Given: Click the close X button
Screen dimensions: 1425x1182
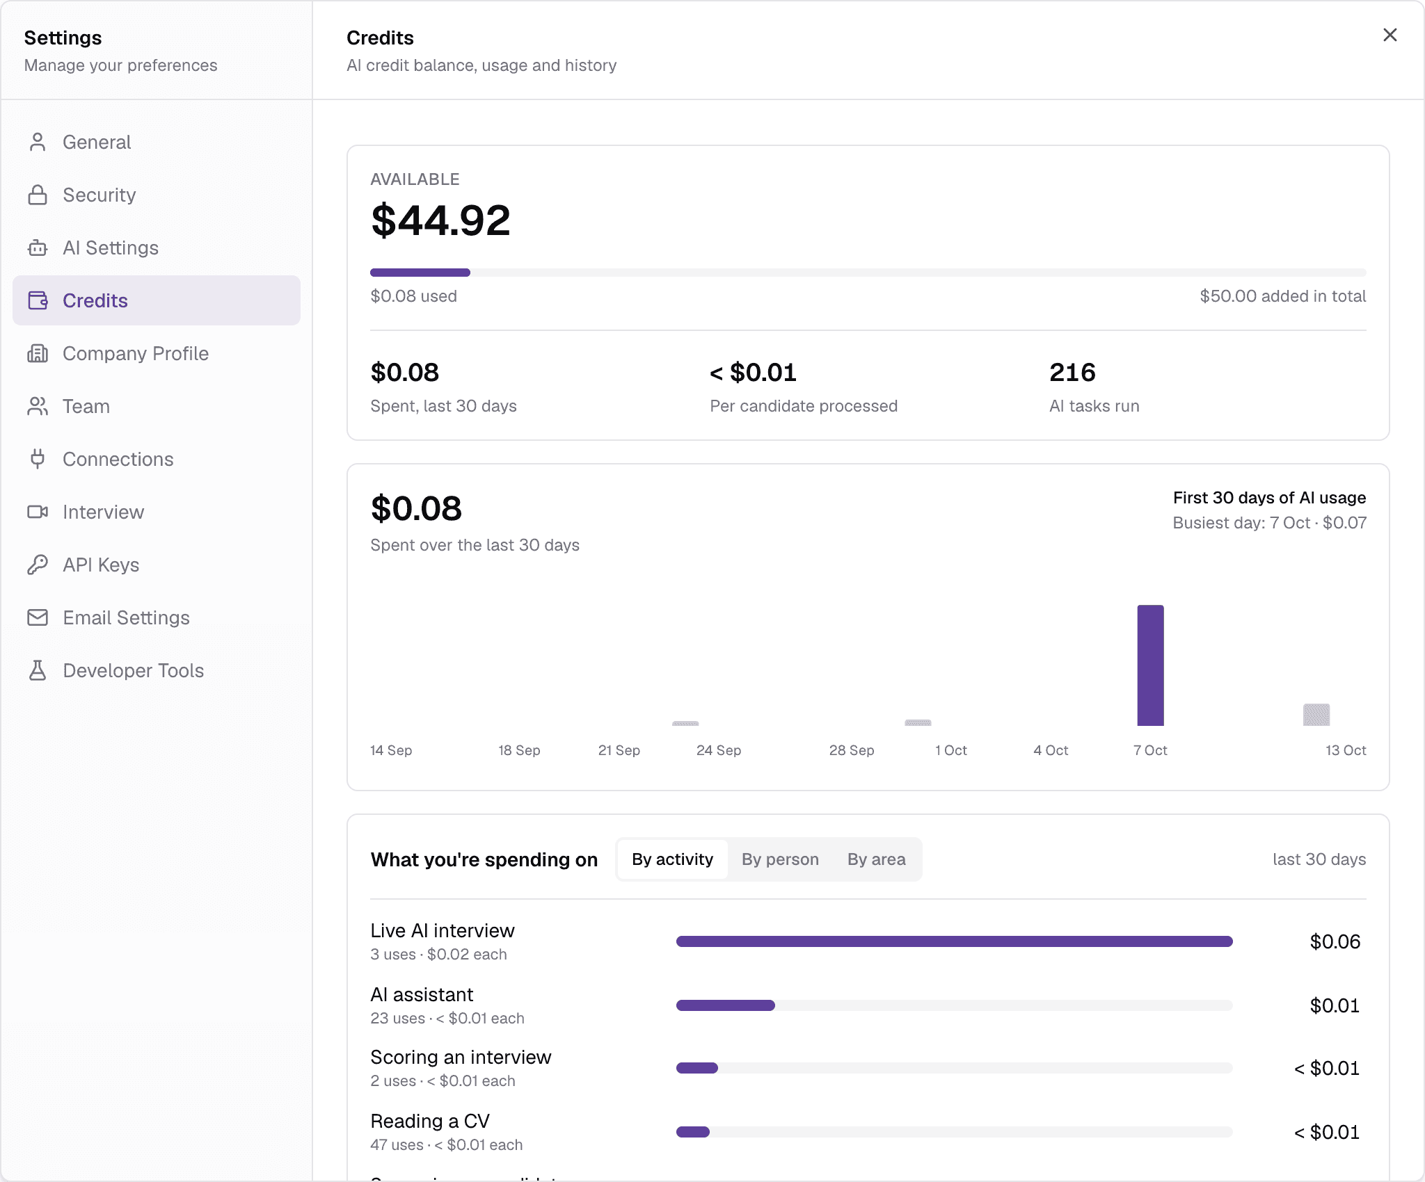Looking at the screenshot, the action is coord(1390,35).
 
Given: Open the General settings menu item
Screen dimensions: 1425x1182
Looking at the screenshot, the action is coord(97,142).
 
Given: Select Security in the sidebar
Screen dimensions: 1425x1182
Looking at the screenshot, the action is coord(99,195).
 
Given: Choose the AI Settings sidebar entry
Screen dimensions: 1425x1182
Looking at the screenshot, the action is coord(111,248).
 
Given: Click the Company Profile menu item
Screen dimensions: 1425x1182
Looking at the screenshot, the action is coord(136,353).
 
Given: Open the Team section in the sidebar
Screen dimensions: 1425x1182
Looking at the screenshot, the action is coord(86,406).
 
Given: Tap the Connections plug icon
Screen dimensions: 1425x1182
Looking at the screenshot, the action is coord(38,459).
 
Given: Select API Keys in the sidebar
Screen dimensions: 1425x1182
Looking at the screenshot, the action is coord(101,565).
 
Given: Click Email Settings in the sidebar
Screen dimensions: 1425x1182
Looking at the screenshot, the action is coord(126,617).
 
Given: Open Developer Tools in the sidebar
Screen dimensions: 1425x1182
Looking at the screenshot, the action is coord(133,670).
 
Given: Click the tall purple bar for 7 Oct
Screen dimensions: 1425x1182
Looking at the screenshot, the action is coord(1150,665).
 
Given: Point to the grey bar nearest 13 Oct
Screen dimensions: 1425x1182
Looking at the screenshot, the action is coord(1316,715).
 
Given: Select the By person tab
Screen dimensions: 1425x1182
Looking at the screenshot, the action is coord(780,859).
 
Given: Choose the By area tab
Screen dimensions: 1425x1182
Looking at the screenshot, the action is coord(877,859).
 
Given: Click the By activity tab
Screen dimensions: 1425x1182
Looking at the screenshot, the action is coord(672,859).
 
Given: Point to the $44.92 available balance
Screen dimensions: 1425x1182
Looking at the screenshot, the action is coord(441,220).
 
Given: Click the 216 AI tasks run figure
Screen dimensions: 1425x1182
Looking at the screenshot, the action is coord(1072,373).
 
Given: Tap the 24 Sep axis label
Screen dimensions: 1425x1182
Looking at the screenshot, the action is coord(719,750).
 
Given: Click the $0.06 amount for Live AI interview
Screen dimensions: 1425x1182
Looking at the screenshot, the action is coord(1335,941).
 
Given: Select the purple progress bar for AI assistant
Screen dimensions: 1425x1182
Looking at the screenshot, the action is coord(726,1005).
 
